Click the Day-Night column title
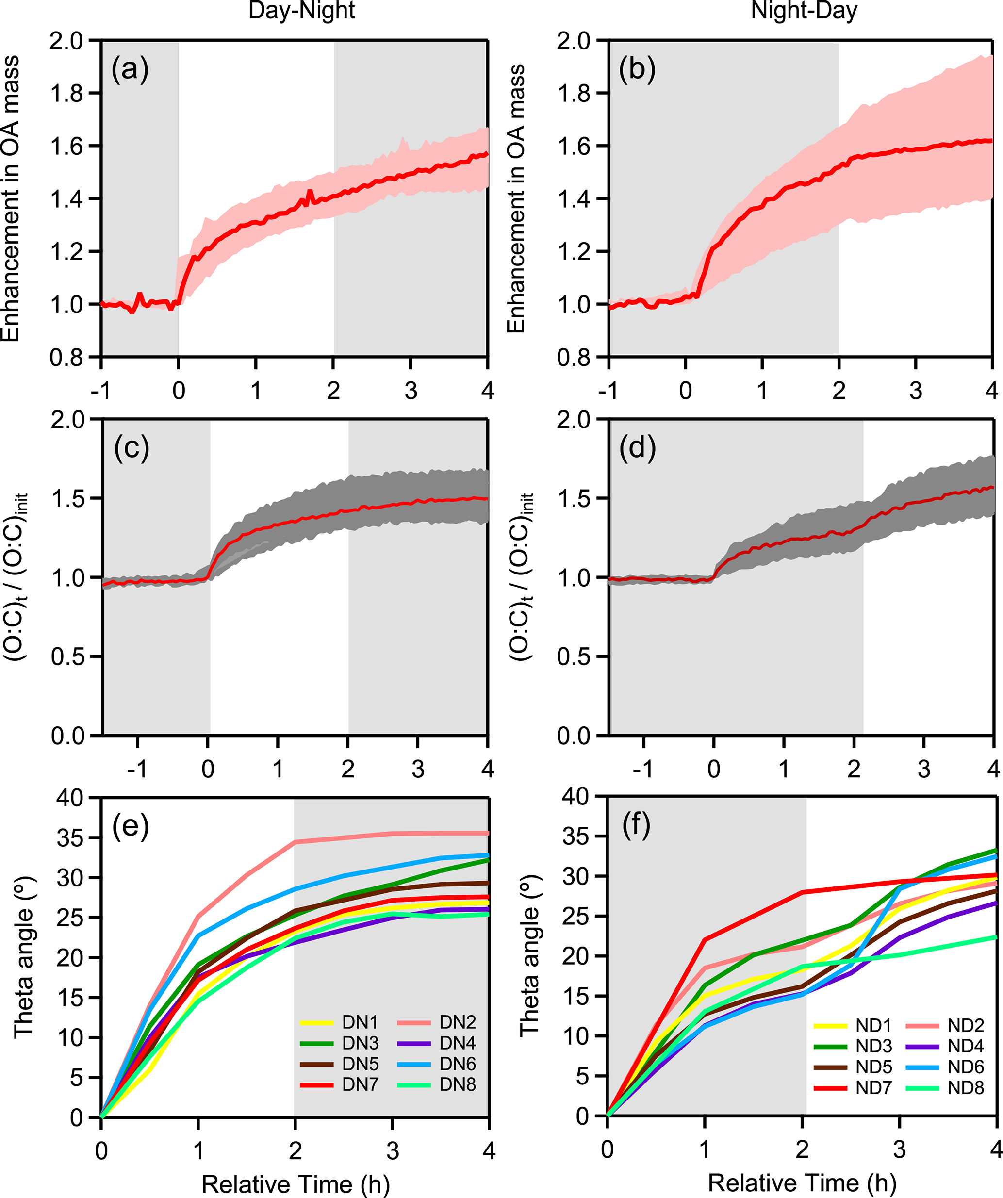[301, 11]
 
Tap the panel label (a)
[130, 69]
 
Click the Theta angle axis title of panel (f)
[529, 955]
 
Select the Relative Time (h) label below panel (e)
[295, 1184]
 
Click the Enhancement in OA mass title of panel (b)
[515, 198]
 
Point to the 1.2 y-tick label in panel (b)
[575, 251]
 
